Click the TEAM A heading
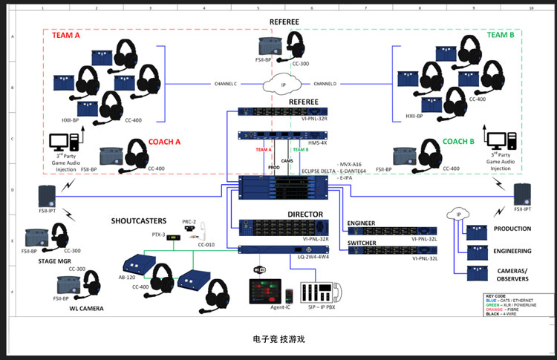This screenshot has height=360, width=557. coord(67,34)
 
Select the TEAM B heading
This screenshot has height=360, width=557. coord(501,34)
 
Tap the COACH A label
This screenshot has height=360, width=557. coord(164,142)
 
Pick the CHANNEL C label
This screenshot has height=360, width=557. coord(225,83)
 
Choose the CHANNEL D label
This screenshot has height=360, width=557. coord(325,83)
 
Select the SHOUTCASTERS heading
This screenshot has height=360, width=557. coord(139,220)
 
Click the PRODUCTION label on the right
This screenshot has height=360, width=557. coord(512,229)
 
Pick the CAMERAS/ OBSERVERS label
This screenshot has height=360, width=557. coord(512,274)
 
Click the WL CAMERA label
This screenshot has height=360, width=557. coord(83,308)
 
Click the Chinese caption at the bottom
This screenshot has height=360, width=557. coord(278,338)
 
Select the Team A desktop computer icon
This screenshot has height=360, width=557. coord(59,141)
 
